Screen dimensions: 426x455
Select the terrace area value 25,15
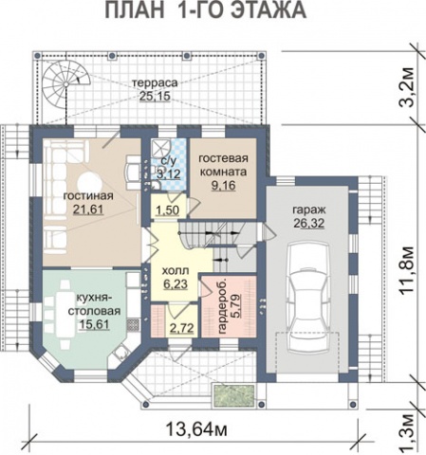(x=155, y=96)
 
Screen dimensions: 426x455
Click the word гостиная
(x=88, y=195)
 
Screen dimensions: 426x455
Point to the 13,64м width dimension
(x=196, y=429)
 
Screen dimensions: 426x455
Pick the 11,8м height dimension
(x=406, y=270)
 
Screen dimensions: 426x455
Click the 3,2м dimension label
(x=406, y=87)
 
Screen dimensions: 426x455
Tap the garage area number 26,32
(x=309, y=224)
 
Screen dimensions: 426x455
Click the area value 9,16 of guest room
(x=224, y=186)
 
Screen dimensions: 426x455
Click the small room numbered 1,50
(x=168, y=206)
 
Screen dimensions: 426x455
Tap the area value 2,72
(x=181, y=329)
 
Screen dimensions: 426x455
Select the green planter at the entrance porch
(x=234, y=395)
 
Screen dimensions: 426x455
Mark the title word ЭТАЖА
(x=269, y=10)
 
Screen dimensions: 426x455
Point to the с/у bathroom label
(x=168, y=161)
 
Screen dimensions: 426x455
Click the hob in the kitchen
(x=133, y=324)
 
